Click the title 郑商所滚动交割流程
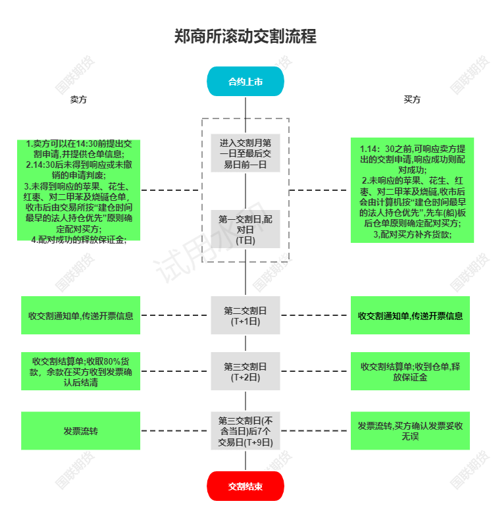pos(245,36)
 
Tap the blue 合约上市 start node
pos(245,81)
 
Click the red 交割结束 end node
pos(245,486)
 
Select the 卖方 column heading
pos(78,99)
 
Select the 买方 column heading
pos(412,99)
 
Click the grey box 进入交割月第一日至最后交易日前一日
pos(245,153)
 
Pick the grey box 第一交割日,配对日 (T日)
pos(245,229)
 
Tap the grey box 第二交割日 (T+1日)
pos(245,315)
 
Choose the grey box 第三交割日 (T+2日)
pos(245,371)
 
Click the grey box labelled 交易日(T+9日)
pos(245,430)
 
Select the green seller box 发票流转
pos(80,430)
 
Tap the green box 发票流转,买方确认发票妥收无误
pos(410,430)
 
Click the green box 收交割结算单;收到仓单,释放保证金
pos(410,371)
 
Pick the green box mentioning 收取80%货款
pos(80,371)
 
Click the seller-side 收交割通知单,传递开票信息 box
pos(80,315)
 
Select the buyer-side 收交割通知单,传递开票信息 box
pos(410,315)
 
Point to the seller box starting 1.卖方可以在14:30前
pos(78,190)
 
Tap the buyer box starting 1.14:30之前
pos(412,190)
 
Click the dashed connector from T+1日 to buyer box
pos(315,315)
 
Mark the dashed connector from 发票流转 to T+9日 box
pos(176,430)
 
